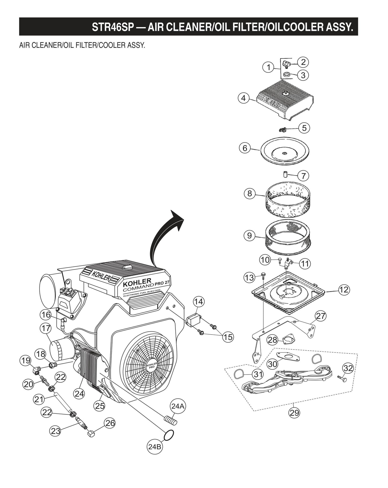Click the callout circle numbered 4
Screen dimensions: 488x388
pyautogui.click(x=243, y=98)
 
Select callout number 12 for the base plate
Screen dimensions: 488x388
pyautogui.click(x=344, y=289)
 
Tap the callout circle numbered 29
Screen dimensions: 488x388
pyautogui.click(x=294, y=412)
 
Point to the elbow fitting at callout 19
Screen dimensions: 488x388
pyautogui.click(x=36, y=371)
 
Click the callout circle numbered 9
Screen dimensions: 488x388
pyautogui.click(x=249, y=236)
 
